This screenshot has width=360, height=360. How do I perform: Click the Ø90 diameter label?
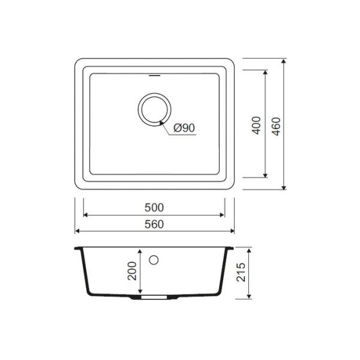click(184, 128)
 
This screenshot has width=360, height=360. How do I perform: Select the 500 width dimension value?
click(154, 208)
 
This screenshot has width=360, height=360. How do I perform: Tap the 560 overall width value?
click(154, 224)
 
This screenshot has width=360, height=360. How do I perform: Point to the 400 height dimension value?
click(256, 125)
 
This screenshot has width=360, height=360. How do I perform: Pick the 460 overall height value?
click(276, 127)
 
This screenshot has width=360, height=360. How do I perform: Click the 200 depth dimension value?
click(132, 271)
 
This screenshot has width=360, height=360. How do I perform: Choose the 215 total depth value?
click(241, 272)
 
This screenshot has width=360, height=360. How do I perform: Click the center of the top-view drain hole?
click(155, 110)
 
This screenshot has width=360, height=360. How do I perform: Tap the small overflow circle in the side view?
click(154, 260)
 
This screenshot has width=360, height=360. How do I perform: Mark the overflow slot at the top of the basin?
click(154, 76)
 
